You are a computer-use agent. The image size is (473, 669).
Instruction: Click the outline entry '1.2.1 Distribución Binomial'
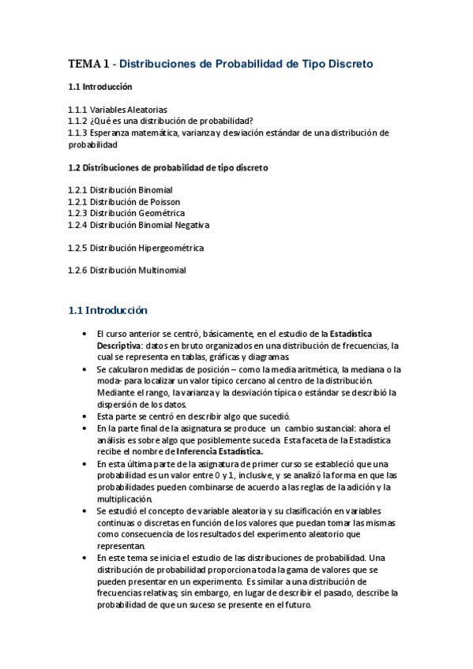(x=120, y=190)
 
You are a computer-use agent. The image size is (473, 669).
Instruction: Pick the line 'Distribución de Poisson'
(x=137, y=202)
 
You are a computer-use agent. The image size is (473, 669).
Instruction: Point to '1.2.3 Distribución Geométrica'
(x=126, y=213)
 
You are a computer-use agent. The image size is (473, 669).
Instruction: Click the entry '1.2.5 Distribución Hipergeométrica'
(x=136, y=248)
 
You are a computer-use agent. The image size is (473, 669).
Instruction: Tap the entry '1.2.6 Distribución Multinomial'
(x=127, y=271)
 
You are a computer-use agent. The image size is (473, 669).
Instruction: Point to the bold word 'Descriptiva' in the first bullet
(x=120, y=346)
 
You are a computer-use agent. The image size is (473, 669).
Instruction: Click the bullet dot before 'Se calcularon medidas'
(x=84, y=369)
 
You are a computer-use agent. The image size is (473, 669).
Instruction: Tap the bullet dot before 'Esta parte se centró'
(x=84, y=416)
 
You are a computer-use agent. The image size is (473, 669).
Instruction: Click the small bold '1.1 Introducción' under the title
(x=100, y=87)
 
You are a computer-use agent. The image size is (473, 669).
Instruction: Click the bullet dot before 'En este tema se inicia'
(x=84, y=557)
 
